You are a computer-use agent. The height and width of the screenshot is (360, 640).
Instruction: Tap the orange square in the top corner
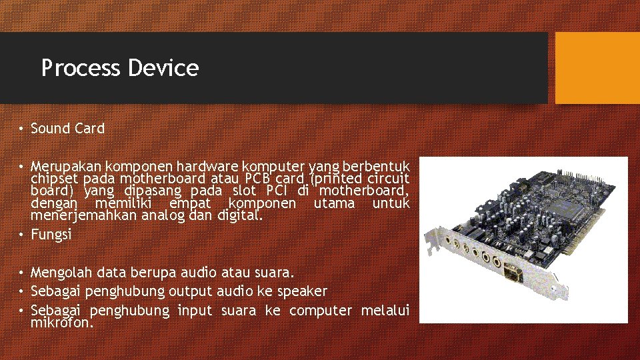(597, 68)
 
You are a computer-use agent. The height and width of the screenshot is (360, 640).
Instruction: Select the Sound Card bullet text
(67, 129)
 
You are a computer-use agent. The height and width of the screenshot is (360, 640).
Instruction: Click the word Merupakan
(61, 165)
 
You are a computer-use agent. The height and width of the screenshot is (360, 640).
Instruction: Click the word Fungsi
(51, 235)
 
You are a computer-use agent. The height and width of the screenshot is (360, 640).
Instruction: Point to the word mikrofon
(61, 323)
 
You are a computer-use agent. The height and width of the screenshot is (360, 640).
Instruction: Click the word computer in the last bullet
(322, 310)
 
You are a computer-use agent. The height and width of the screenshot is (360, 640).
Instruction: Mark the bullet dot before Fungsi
(22, 235)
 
